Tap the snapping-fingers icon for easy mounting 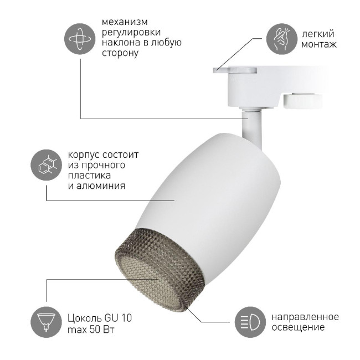click(282, 38)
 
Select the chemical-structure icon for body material click(46, 164)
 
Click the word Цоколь click(83, 318)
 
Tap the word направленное click(305, 317)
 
